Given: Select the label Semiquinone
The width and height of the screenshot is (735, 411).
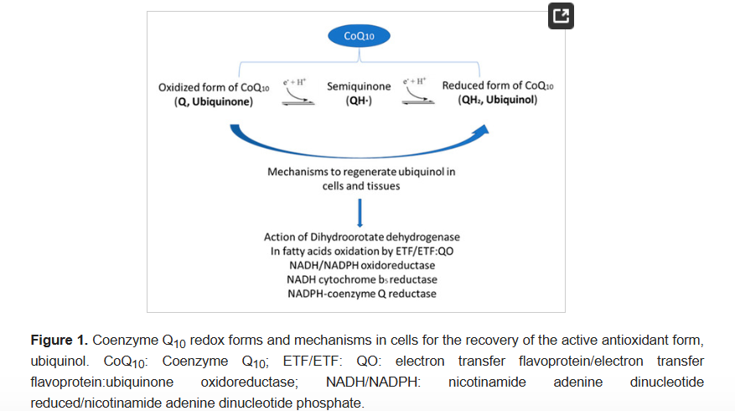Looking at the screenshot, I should coord(359,86).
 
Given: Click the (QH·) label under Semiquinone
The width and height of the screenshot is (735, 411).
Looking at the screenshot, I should coord(359,101).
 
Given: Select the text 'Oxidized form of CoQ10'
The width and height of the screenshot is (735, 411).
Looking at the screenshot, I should coord(214,87).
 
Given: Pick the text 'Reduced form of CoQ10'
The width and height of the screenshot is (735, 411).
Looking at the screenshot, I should coord(498,86).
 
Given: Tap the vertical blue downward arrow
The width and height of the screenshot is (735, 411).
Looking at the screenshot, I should coord(360,213).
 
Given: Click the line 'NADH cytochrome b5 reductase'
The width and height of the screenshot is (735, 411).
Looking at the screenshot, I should coord(361,279).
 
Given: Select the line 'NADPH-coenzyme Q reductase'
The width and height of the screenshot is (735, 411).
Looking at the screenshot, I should coord(361,294).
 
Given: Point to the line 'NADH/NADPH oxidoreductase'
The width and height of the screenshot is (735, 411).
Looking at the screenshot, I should coord(361,265).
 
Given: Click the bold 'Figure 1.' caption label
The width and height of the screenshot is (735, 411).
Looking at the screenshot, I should coord(59,340).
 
